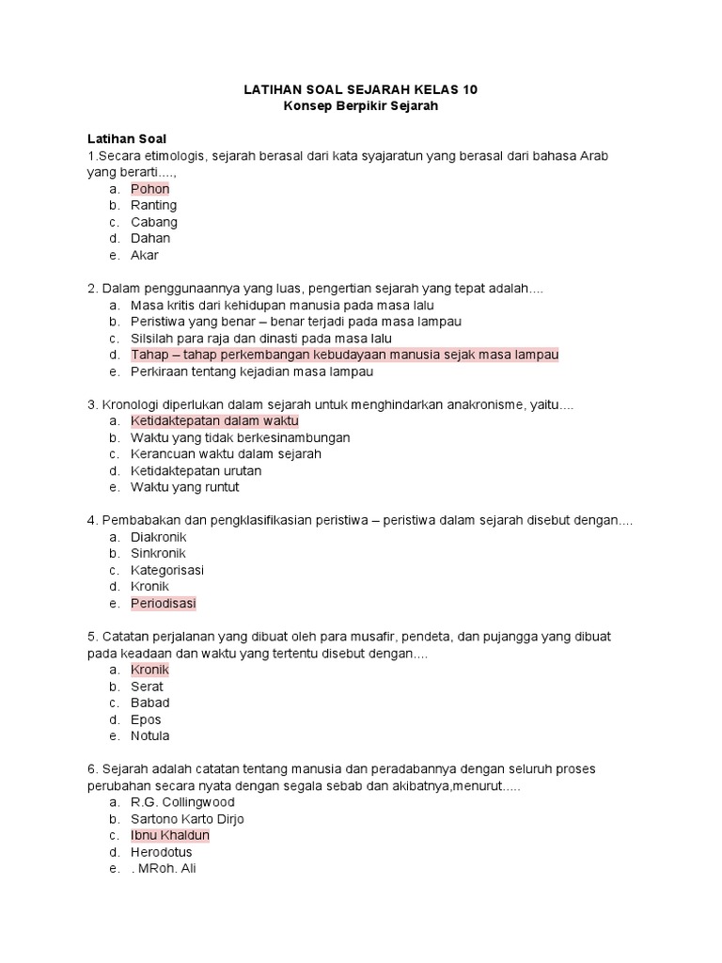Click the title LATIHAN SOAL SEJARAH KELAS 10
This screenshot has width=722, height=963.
click(x=361, y=89)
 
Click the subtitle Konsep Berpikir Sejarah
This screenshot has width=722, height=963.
click(x=361, y=106)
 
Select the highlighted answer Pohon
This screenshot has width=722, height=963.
click(x=150, y=189)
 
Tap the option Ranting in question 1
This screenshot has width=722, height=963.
click(x=154, y=205)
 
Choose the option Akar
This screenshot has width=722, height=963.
click(x=145, y=255)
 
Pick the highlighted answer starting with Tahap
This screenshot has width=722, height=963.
click(x=344, y=355)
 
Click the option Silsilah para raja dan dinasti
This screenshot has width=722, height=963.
click(x=261, y=338)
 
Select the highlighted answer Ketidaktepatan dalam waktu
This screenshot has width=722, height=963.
click(x=214, y=420)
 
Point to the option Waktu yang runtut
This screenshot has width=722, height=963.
click(x=185, y=487)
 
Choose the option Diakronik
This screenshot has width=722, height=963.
click(x=159, y=537)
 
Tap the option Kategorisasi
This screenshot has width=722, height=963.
click(x=167, y=570)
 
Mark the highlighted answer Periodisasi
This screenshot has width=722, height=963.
click(x=164, y=603)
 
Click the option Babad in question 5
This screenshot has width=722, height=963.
click(x=150, y=703)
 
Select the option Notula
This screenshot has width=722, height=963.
click(x=150, y=735)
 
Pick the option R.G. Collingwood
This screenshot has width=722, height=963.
click(x=182, y=802)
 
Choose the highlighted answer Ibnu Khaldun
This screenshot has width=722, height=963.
click(x=170, y=835)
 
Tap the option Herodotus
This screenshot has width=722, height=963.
click(x=162, y=852)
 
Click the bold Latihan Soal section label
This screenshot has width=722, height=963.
click(x=126, y=138)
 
